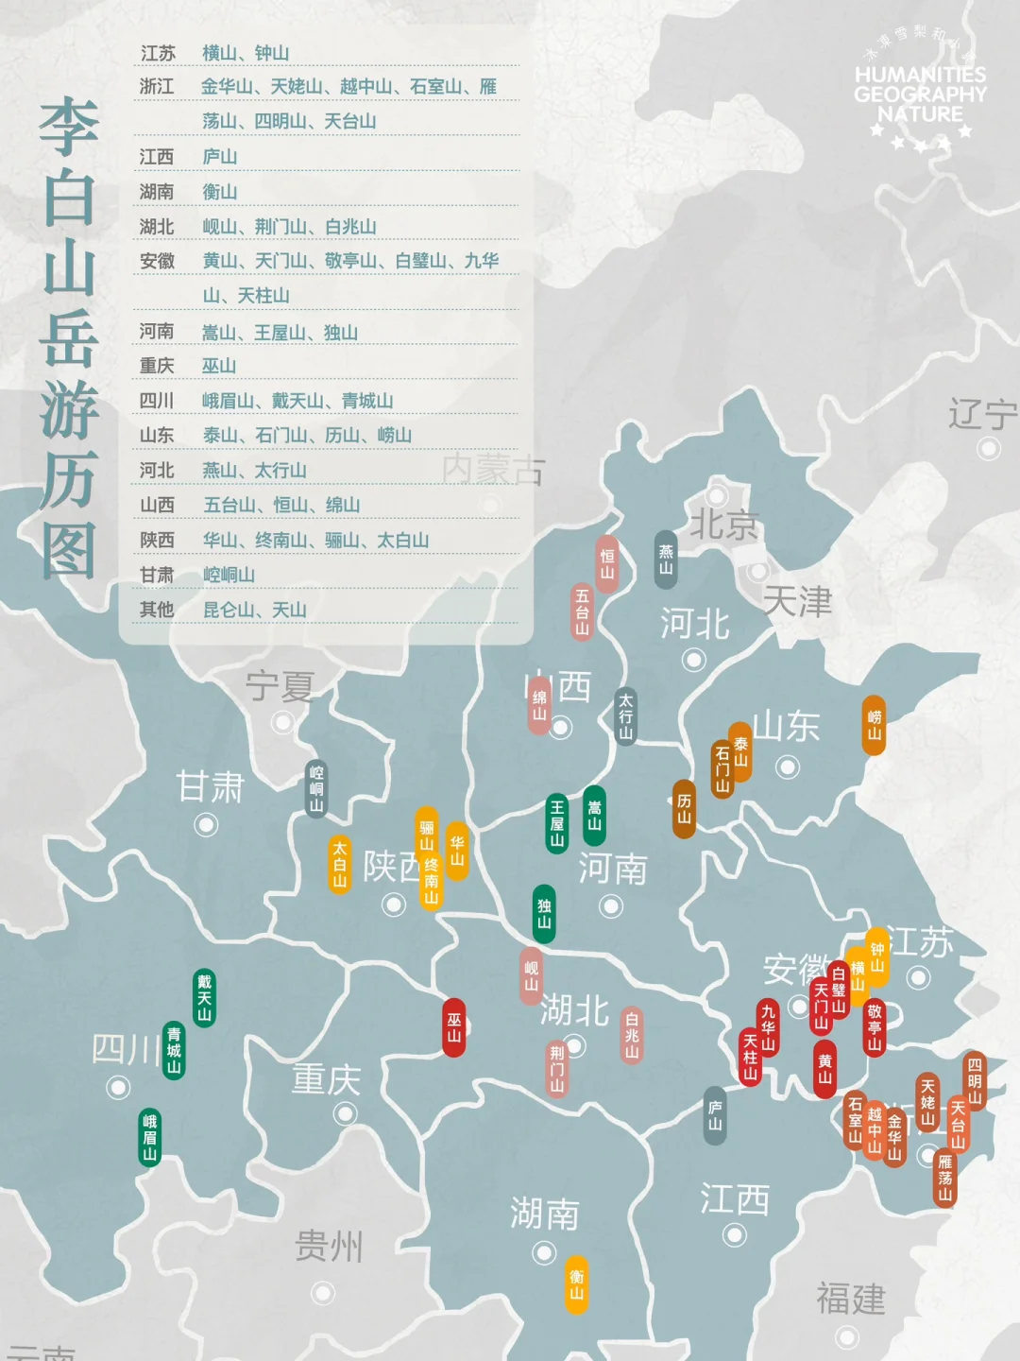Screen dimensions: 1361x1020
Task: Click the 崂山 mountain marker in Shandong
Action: pos(875,726)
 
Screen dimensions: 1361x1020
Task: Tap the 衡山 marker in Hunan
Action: pos(576,1284)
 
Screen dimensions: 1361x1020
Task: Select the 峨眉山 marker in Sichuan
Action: pos(150,1137)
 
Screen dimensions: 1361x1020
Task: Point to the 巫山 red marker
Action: pos(454,1027)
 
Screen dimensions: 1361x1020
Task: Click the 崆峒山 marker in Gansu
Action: pos(316,788)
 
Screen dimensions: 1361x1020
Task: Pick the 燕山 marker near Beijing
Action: pos(666,560)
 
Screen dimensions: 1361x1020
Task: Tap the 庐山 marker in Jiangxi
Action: pos(715,1116)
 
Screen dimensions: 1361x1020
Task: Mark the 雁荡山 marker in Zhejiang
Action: pos(944,1178)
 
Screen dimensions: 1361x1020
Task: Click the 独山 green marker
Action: pos(544,913)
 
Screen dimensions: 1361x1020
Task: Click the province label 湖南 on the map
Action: pos(544,1214)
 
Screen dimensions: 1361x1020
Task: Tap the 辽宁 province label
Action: pos(982,414)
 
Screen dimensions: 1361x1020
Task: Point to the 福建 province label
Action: pos(851,1299)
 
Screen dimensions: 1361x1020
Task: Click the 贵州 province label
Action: pos(329,1247)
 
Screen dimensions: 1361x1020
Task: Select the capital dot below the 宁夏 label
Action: pos(282,723)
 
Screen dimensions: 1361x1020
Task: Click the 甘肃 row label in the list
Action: pos(157,575)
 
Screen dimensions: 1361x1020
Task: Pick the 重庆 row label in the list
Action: pos(157,366)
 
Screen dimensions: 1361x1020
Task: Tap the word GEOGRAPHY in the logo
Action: pos(920,95)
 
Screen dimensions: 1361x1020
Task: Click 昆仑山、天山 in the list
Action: pos(255,610)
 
